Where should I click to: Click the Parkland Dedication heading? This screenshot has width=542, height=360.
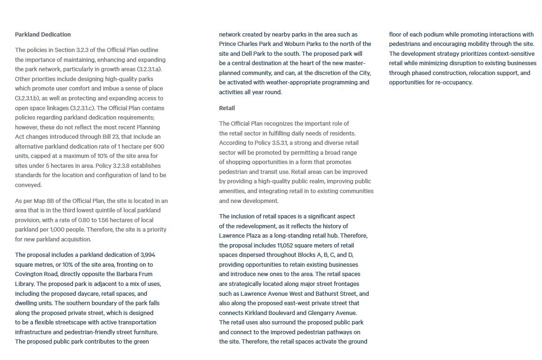coord(43,35)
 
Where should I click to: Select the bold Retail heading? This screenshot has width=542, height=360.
coord(227,108)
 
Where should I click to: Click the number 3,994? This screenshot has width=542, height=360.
coord(148,255)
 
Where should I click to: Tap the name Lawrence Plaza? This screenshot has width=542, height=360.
coord(239,236)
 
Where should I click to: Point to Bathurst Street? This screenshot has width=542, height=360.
coord(329,294)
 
